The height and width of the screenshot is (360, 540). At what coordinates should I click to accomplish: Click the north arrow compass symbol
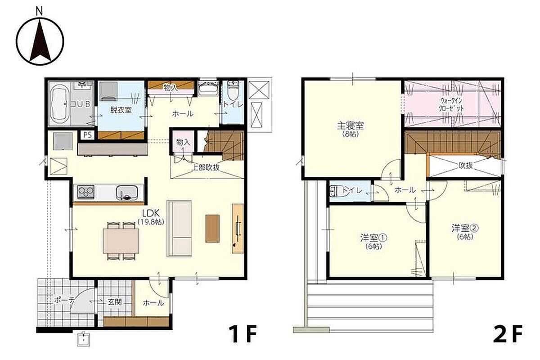(x=40, y=40)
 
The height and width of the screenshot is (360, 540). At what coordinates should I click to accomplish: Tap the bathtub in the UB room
(x=59, y=103)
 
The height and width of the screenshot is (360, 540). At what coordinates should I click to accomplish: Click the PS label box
(x=87, y=135)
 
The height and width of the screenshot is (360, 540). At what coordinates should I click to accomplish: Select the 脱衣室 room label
(x=121, y=110)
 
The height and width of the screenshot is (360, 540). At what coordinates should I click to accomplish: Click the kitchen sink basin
(x=127, y=193)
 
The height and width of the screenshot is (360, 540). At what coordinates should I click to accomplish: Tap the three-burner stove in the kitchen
(x=86, y=192)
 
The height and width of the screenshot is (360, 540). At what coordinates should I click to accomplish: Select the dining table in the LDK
(x=121, y=241)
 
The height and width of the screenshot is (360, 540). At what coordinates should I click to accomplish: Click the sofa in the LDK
(x=179, y=228)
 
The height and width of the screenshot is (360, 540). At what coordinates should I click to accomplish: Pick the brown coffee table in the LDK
(x=212, y=228)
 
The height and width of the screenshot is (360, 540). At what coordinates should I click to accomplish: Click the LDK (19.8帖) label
(x=151, y=217)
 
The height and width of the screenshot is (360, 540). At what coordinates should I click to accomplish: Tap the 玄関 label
(x=114, y=301)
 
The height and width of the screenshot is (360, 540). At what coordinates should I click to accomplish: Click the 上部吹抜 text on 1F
(x=205, y=167)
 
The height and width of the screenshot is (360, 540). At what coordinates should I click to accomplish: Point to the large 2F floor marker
(x=508, y=334)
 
